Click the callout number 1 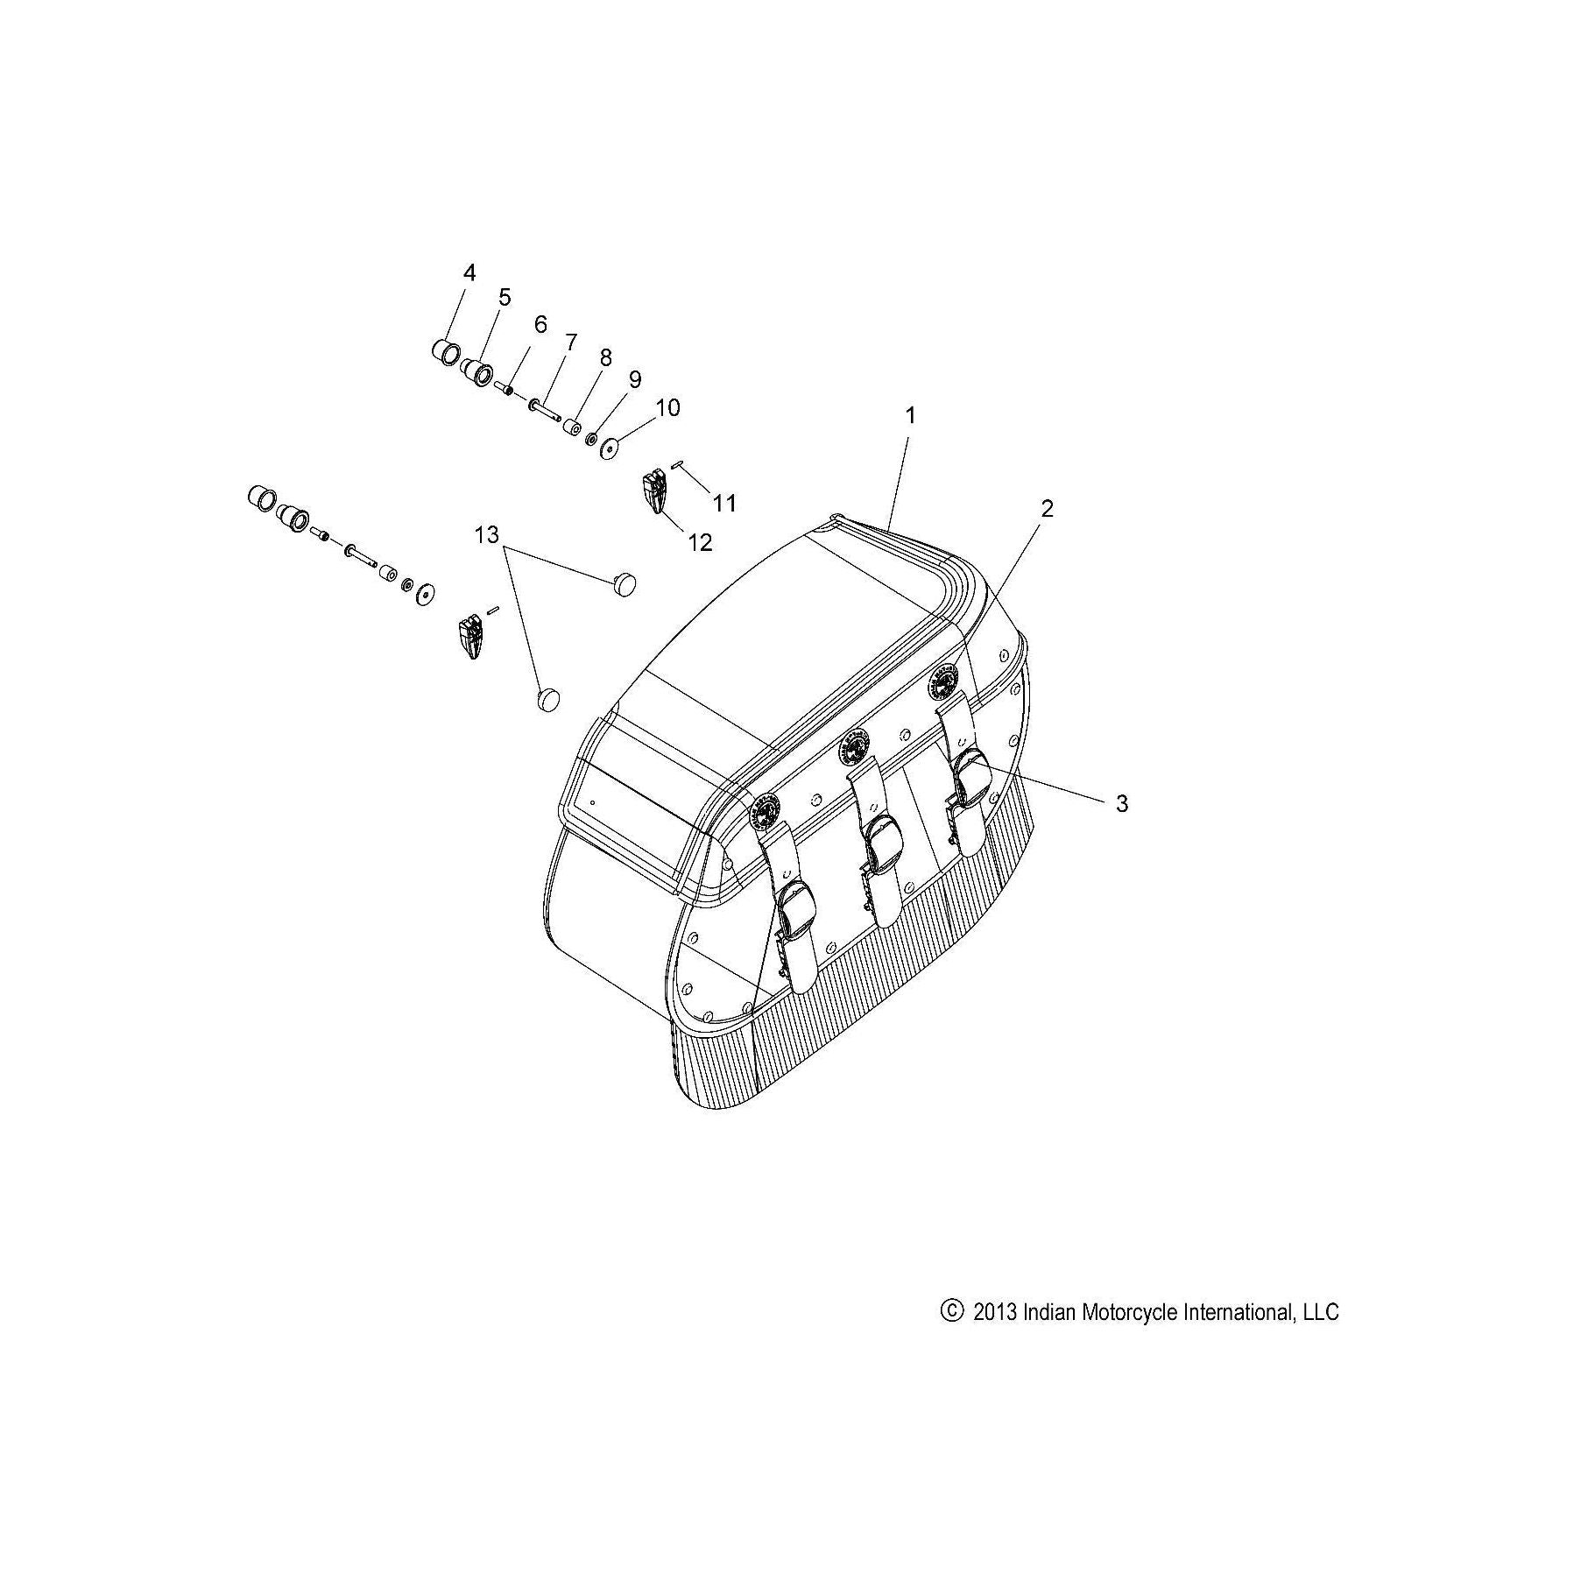pos(910,415)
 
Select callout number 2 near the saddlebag pos(1047,508)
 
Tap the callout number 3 pos(1122,803)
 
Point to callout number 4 pos(469,272)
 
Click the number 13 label pos(486,533)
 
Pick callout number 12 pos(700,542)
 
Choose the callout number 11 pos(723,503)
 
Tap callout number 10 pos(667,407)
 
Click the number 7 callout pos(570,342)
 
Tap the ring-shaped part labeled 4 pos(445,353)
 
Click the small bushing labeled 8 pos(574,429)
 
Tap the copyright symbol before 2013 pos(950,1335)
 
